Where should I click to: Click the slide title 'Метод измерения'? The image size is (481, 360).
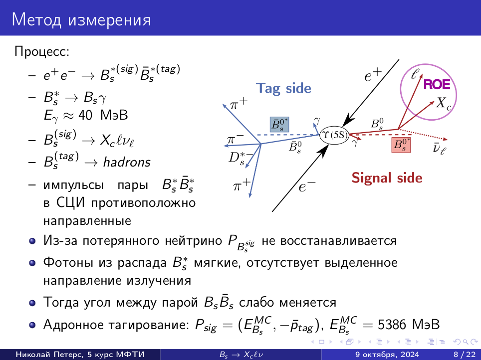click(81, 20)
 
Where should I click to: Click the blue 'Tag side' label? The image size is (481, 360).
click(283, 89)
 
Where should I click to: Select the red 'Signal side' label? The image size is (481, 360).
click(387, 178)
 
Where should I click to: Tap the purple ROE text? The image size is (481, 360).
click(437, 84)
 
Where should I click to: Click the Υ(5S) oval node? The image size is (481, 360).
click(334, 135)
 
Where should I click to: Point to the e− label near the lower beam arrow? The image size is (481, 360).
click(307, 186)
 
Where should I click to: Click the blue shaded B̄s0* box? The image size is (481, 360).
click(279, 125)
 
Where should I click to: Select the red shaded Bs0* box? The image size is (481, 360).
click(401, 145)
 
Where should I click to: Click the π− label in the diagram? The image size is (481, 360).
click(235, 140)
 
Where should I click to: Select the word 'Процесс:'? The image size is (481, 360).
click(42, 51)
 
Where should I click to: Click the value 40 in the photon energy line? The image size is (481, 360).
click(85, 115)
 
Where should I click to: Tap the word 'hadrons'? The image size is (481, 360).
click(127, 162)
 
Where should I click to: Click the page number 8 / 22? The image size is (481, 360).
click(465, 355)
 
